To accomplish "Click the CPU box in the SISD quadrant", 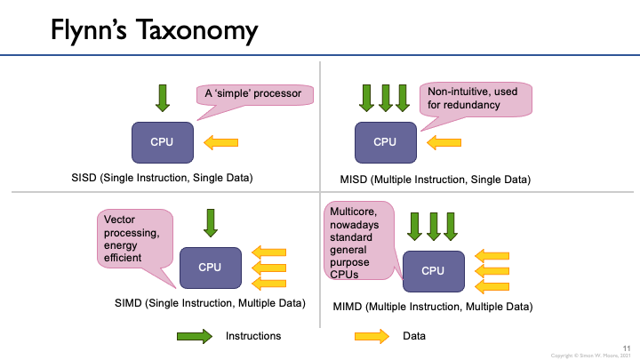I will pos(162,141).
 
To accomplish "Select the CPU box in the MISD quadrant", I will pos(385,142).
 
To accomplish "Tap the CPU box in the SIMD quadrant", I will pos(210,267).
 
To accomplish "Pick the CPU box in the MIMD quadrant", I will pos(433,270).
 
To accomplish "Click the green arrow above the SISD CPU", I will pos(162,97).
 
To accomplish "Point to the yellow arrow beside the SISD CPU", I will pos(221,141).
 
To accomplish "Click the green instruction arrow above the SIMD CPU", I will pos(210,222).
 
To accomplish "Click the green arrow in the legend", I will pos(194,336).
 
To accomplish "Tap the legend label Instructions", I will pos(253,336).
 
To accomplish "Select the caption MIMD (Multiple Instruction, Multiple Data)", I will pos(432,306).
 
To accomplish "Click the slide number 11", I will pos(627,347).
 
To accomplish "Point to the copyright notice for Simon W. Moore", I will pos(589,354).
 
